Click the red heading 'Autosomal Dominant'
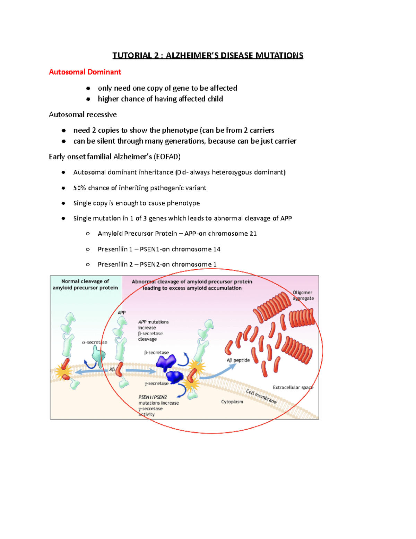tap(85, 72)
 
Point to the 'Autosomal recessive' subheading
tap(83, 115)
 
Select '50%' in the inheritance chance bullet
tap(79, 188)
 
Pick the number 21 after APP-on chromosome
tap(253, 234)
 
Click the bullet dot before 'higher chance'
tap(88, 99)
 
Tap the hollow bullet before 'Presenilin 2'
tap(88, 264)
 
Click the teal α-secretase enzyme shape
tap(99, 356)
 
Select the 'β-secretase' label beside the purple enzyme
tap(156, 352)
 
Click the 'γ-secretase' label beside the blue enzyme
tap(156, 384)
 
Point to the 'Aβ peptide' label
tap(238, 360)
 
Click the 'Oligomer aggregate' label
tap(303, 295)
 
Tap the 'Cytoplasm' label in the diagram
tap(232, 402)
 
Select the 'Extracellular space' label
tap(293, 387)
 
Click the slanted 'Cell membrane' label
tap(261, 396)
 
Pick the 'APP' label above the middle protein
tap(121, 312)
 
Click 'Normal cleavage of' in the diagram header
tap(85, 281)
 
